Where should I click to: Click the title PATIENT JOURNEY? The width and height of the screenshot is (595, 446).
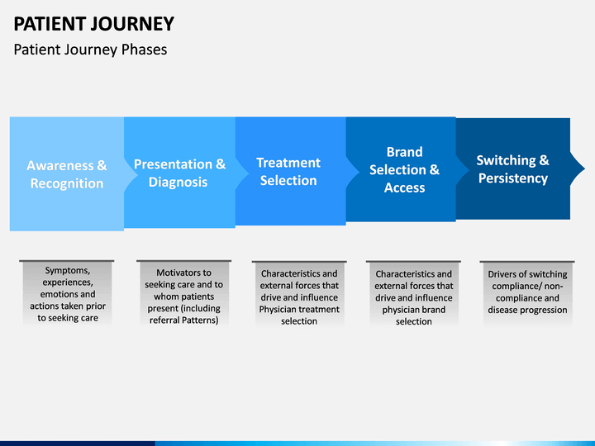coord(93,24)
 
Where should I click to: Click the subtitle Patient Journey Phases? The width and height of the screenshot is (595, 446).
coord(90,50)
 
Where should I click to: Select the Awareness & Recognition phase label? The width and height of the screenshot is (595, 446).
coord(67,174)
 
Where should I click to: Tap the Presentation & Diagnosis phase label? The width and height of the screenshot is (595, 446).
coord(179,173)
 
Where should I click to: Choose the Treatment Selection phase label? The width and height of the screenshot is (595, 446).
coord(288,172)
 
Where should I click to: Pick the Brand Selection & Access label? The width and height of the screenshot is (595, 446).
coord(404,169)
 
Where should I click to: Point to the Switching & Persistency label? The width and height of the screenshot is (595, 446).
coord(512,169)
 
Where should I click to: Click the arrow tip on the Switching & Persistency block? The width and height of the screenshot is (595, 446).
coord(584,168)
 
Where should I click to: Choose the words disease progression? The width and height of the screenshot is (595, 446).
coord(527,311)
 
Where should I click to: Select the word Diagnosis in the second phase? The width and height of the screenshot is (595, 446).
coord(178,183)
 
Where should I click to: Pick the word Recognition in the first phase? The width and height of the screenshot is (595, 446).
coord(67,183)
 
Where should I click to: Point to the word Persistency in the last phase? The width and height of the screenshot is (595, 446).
coord(513,178)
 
